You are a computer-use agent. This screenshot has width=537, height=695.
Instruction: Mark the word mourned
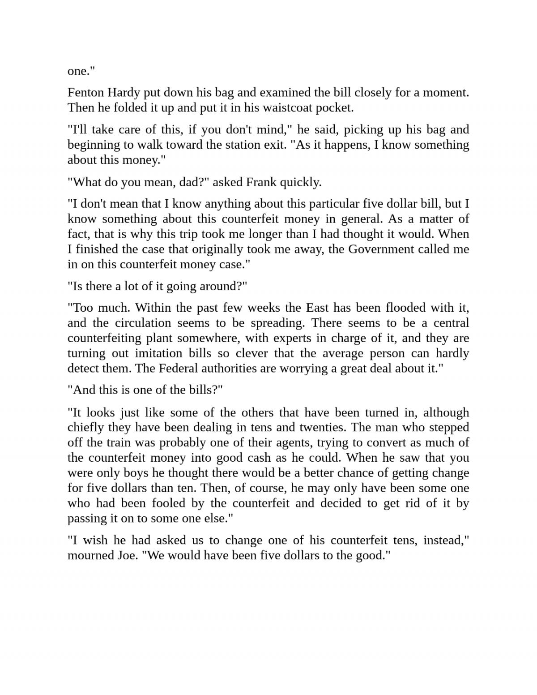[89, 556]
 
